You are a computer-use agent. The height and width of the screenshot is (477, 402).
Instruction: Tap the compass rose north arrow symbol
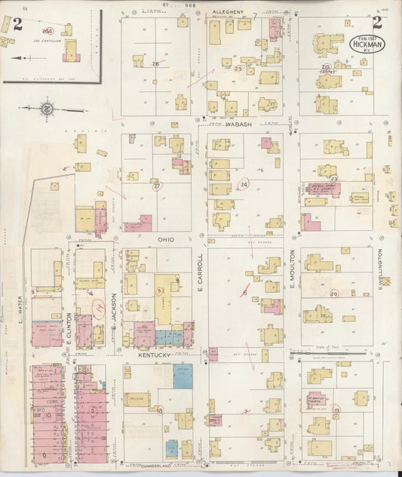click(x=47, y=109)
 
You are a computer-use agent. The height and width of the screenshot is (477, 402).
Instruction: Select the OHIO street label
click(x=166, y=239)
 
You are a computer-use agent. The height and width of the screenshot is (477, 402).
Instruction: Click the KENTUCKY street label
click(x=155, y=353)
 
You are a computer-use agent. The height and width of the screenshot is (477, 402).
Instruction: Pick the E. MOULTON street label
click(x=292, y=269)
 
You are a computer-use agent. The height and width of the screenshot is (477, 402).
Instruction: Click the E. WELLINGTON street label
click(x=381, y=269)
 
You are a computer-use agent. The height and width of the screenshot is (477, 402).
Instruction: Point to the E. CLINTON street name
click(x=69, y=331)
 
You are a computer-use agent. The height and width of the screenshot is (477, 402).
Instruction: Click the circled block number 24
click(x=244, y=184)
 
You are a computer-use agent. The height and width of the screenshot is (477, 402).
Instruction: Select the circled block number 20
click(x=333, y=294)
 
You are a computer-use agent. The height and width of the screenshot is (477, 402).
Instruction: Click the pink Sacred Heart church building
click(x=323, y=187)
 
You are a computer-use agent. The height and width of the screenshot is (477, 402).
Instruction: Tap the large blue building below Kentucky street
click(x=183, y=376)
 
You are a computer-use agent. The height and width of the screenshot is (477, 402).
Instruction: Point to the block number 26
click(x=156, y=64)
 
